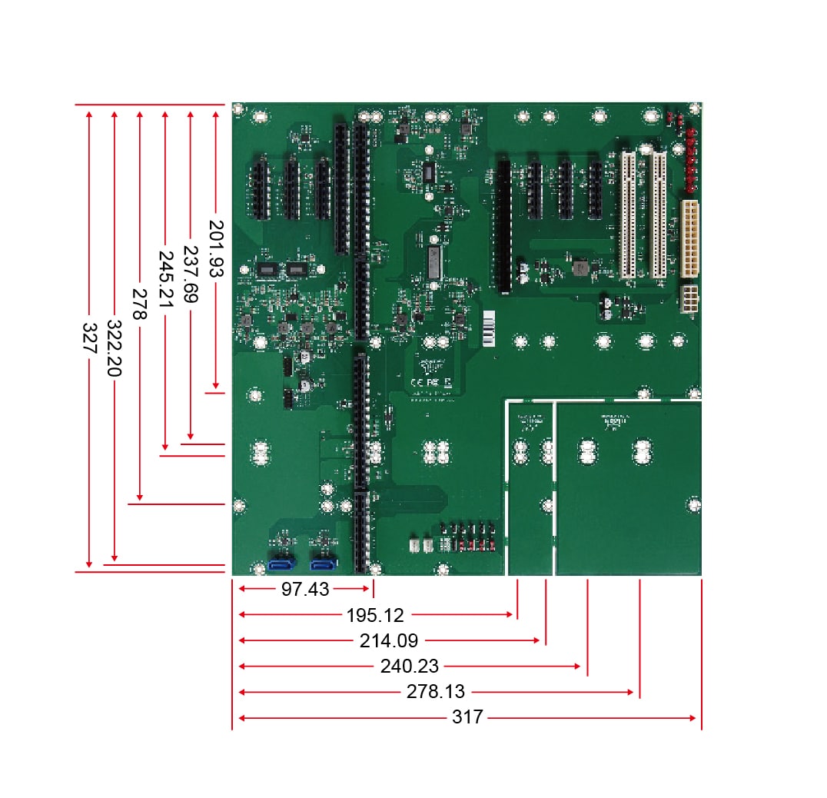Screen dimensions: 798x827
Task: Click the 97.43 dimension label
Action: pyautogui.click(x=306, y=590)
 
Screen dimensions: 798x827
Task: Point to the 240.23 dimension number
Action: pyautogui.click(x=410, y=667)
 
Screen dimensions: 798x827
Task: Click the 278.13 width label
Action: pyautogui.click(x=436, y=692)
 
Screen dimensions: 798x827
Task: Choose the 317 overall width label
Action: pyautogui.click(x=467, y=718)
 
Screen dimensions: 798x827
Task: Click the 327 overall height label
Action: pyautogui.click(x=90, y=338)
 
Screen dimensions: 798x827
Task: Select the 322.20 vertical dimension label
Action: pyautogui.click(x=115, y=348)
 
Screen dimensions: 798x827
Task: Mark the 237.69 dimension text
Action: pyautogui.click(x=191, y=274)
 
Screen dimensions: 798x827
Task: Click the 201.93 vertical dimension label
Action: pyautogui.click(x=216, y=248)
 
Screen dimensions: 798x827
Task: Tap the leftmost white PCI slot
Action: pyautogui.click(x=628, y=214)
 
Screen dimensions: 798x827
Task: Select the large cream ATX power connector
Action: pyautogui.click(x=689, y=239)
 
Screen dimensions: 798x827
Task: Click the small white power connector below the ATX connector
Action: pyautogui.click(x=689, y=299)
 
